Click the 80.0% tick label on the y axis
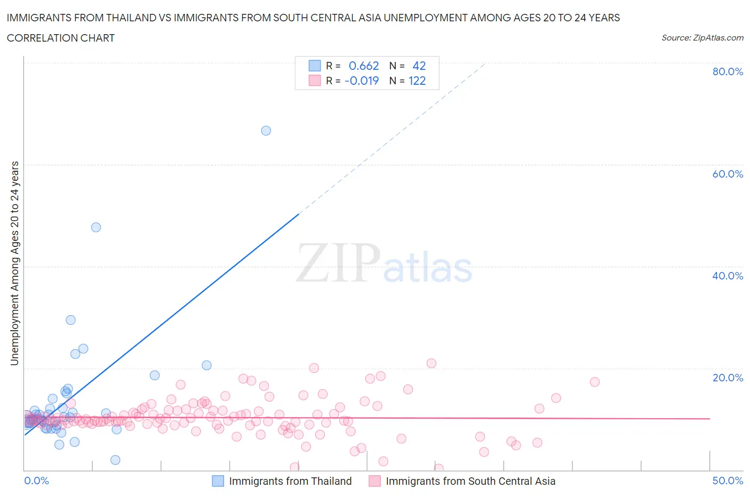point(728,71)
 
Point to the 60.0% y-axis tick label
point(728,174)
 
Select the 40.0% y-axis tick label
point(728,276)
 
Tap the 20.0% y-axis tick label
point(728,378)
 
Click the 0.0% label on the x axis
point(36,481)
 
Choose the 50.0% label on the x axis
point(728,481)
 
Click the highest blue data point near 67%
point(266,131)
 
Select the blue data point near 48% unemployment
point(96,227)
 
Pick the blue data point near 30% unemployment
point(70,320)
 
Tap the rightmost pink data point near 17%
point(595,382)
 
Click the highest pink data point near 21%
point(432,363)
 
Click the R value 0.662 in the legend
point(364,66)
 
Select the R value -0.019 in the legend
point(362,81)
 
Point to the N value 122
point(417,81)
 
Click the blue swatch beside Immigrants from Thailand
point(218,481)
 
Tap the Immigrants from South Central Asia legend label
point(470,481)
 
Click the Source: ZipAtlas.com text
point(702,37)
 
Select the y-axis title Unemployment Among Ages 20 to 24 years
point(15,263)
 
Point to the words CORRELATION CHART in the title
point(61,38)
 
